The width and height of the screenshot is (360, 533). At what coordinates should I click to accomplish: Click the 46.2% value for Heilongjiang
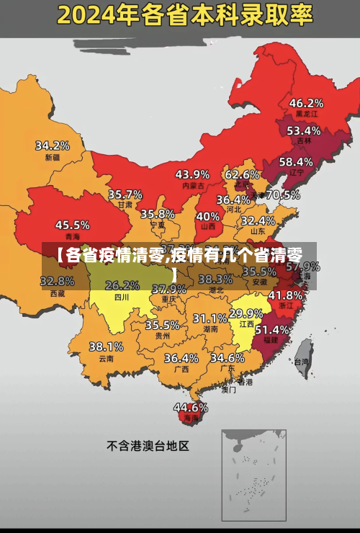[x=306, y=103]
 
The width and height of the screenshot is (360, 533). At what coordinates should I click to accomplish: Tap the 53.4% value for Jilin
[x=303, y=131]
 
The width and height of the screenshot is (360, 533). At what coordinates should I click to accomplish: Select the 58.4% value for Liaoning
[x=296, y=162]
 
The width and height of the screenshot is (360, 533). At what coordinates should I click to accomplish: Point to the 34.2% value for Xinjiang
[x=53, y=145]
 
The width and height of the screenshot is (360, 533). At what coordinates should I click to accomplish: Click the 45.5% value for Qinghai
[x=73, y=225]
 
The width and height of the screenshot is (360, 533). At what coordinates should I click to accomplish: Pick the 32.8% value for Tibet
[x=58, y=282]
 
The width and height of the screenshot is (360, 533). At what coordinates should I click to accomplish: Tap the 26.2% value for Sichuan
[x=122, y=285]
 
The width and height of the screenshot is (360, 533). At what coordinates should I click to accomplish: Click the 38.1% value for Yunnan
[x=106, y=347]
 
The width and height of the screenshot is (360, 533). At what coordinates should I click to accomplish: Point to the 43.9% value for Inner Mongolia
[x=192, y=174]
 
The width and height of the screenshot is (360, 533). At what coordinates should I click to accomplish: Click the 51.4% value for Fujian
[x=272, y=329]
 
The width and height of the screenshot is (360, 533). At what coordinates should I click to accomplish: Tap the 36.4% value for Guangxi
[x=181, y=358]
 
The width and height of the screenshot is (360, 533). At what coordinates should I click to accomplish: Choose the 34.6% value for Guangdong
[x=228, y=358]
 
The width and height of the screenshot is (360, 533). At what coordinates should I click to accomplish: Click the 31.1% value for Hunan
[x=210, y=318]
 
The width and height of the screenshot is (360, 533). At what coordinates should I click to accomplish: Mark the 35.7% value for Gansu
[x=125, y=194]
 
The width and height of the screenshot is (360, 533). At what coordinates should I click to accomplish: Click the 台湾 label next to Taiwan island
[x=303, y=362]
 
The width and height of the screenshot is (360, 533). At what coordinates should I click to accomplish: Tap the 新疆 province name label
[x=53, y=157]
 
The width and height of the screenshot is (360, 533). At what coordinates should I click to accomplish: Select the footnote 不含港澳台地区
[x=148, y=446]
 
